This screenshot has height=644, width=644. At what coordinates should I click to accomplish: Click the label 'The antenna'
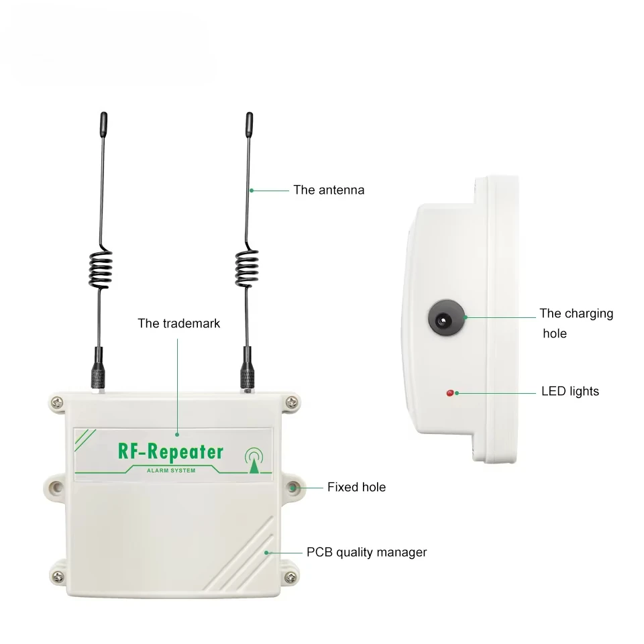(329, 190)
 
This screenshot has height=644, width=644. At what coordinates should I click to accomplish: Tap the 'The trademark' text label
(178, 323)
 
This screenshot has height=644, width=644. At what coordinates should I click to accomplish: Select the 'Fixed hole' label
(356, 487)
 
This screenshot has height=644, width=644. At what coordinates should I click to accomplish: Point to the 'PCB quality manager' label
(366, 553)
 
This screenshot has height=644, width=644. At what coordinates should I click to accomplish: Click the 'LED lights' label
(570, 391)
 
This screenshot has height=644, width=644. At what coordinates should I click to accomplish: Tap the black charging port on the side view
(442, 318)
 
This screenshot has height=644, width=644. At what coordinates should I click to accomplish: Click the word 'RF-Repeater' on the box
(170, 451)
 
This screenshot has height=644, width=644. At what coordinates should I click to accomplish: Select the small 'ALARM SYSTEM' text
(171, 470)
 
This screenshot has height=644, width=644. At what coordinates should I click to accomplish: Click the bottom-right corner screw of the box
(291, 577)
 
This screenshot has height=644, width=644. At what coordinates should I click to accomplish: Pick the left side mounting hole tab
(55, 486)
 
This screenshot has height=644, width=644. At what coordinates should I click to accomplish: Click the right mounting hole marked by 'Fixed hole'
(294, 487)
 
